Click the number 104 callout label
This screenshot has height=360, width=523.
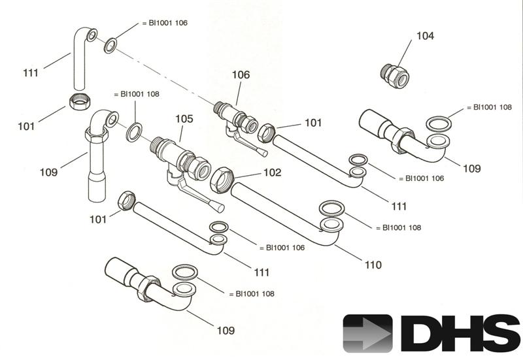424,36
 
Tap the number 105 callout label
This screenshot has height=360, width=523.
184,119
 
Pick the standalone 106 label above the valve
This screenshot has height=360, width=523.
241,75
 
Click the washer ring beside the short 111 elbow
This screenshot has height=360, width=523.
111,46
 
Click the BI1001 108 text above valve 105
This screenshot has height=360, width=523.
137,94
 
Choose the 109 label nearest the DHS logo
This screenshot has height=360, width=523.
225,331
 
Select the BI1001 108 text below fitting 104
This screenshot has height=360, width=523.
489,107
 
